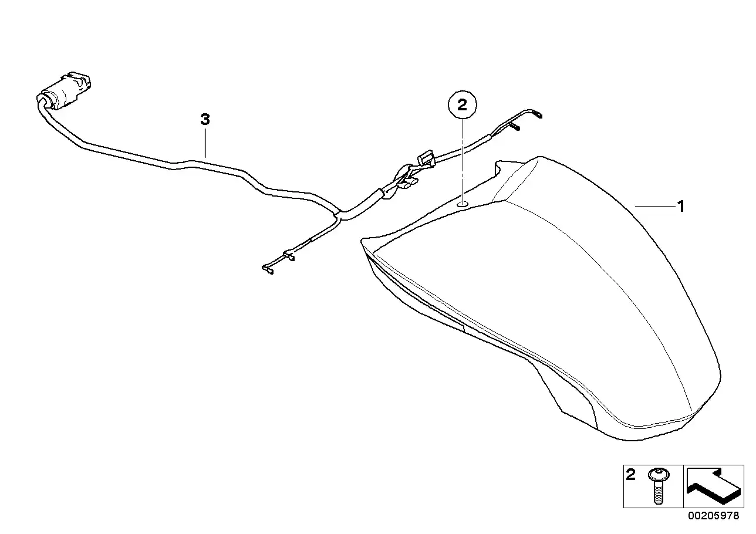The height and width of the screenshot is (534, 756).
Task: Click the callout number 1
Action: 681,207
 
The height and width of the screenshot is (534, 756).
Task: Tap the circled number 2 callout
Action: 462,105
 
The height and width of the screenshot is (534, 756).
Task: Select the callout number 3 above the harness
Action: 205,119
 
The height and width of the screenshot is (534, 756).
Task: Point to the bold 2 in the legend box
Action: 630,475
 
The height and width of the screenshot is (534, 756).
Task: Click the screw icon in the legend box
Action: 659,486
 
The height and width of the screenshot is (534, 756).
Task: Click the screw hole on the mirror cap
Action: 462,204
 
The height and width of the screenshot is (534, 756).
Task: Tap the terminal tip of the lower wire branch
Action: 267,269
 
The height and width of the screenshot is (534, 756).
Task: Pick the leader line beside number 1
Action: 655,206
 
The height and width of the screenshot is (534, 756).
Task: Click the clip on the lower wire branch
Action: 289,255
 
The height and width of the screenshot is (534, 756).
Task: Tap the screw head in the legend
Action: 659,475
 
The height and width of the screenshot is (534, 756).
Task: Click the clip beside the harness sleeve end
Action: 407,182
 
